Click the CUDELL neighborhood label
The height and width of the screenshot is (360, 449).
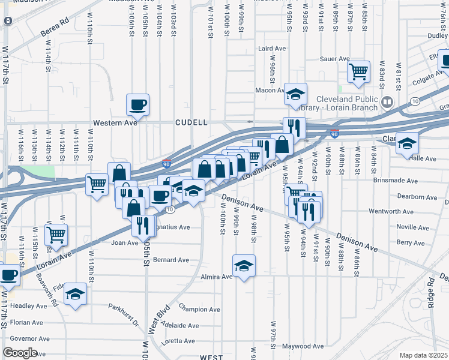191,122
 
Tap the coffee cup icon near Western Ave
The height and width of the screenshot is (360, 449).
137,104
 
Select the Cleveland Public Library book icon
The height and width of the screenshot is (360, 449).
387,102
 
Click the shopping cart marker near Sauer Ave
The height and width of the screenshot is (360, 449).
358,71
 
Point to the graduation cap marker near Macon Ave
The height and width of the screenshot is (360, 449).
295,93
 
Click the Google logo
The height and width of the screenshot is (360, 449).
20,353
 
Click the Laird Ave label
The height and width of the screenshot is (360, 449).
272,49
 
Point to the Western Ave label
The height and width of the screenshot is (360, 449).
115,123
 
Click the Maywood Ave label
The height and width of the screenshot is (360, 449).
303,346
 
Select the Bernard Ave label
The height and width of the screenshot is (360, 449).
171,260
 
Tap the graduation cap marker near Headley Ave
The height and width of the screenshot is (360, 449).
76,293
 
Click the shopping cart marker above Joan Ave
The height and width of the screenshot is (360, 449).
56,235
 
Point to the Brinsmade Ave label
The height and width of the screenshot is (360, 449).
394,181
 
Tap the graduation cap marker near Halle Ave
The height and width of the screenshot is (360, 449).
407,144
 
